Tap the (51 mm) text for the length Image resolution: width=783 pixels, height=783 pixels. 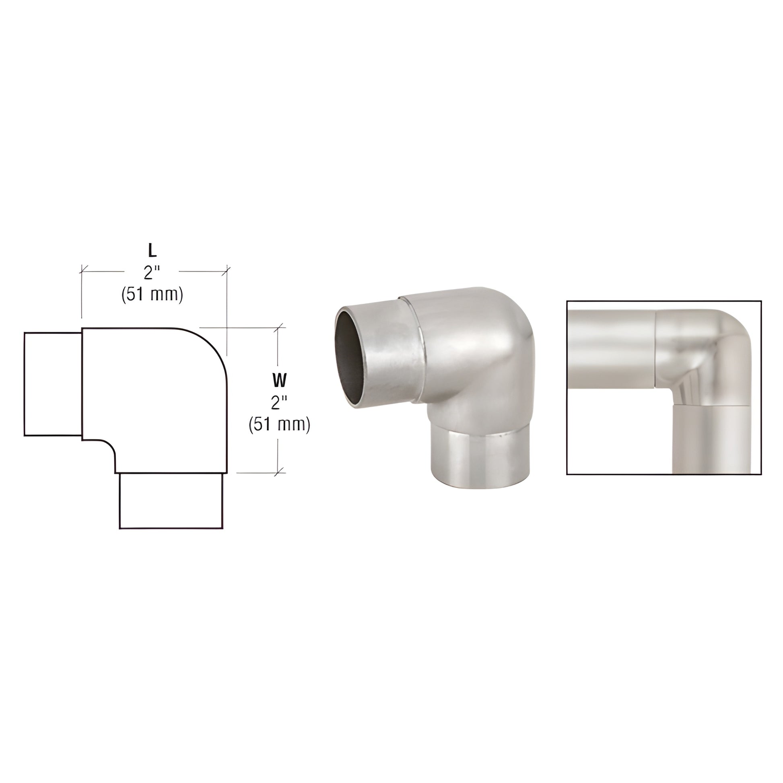152,295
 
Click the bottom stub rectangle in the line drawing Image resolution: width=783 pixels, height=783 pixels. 171,501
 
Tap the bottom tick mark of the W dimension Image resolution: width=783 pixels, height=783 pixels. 278,472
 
